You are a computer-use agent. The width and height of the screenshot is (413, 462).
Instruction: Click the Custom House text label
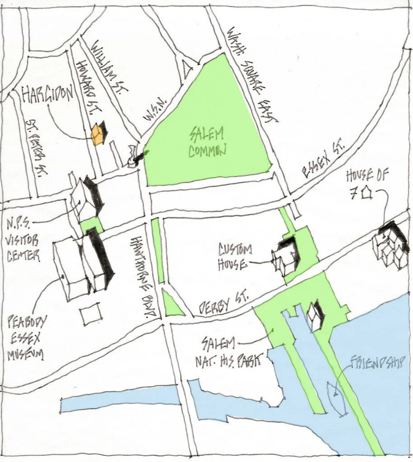(x=235, y=257)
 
